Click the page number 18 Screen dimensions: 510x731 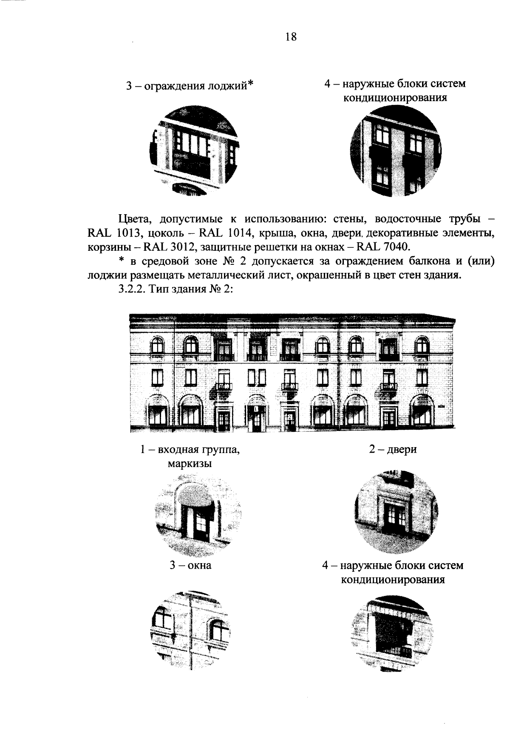coord(291,37)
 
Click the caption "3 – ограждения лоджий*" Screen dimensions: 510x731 coord(190,86)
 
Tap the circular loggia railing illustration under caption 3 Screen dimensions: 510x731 coord(193,152)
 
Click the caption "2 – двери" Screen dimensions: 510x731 coord(393,449)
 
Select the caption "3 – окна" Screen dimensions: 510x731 coord(190,566)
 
